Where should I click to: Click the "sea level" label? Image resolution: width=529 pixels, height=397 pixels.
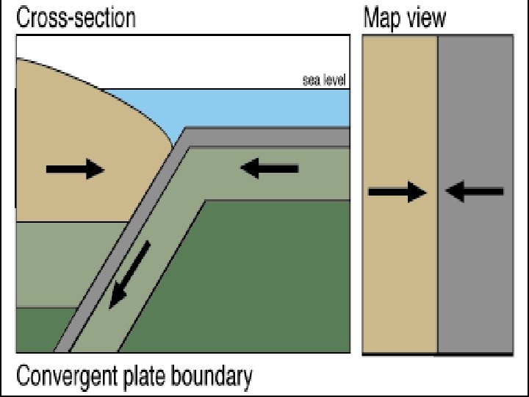click(324, 80)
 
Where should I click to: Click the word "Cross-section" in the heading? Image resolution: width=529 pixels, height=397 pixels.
click(76, 17)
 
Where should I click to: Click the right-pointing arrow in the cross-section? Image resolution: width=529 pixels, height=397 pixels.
click(75, 169)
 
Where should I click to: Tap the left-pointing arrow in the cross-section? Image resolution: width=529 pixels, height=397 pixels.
click(269, 169)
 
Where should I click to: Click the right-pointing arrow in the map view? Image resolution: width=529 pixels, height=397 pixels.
click(397, 193)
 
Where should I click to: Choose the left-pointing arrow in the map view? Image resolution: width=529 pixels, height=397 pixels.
click(475, 193)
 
